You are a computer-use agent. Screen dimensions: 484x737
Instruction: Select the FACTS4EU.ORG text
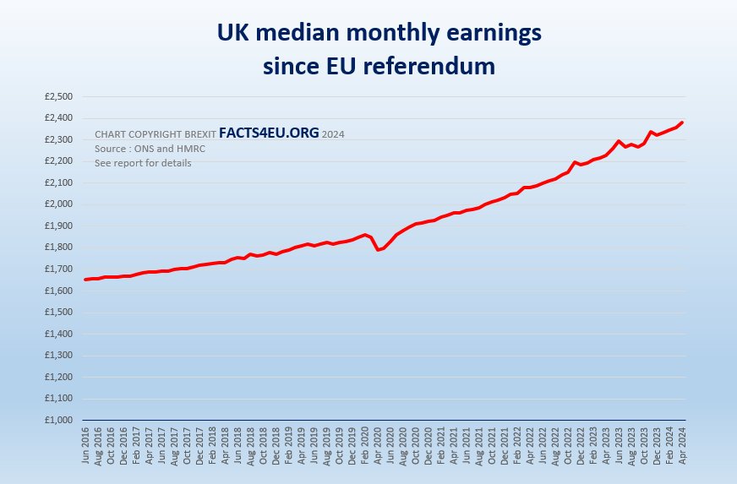coord(269,133)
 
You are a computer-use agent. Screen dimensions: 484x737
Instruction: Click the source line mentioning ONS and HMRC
coord(150,149)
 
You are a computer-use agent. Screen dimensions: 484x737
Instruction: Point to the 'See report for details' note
coord(143,163)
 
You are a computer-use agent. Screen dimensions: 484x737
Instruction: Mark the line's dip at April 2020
coord(378,249)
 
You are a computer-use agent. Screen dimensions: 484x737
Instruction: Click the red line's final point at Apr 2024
coord(682,122)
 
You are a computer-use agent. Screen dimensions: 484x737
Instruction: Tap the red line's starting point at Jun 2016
coord(85,280)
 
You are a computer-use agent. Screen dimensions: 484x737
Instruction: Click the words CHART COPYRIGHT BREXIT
coord(155,134)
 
